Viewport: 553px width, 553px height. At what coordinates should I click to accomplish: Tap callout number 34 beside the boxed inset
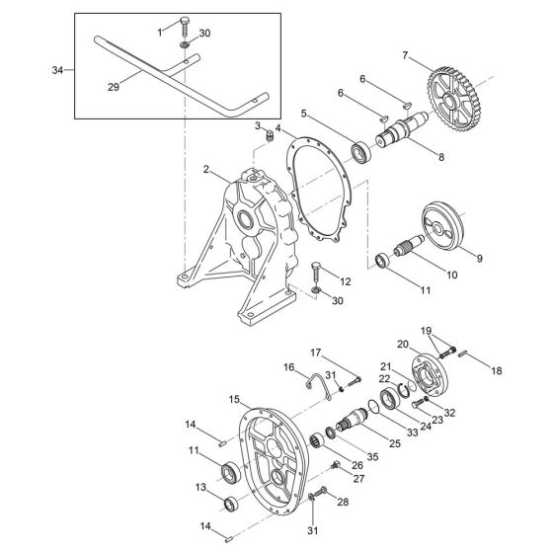click(56, 70)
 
